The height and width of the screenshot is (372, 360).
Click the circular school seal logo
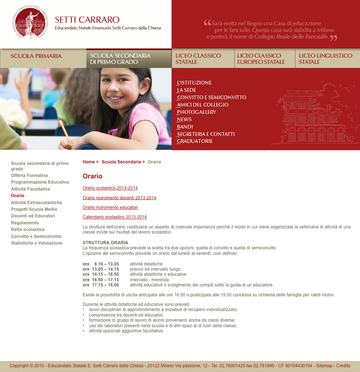tap(30, 22)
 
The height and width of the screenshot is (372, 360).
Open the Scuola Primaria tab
tap(36, 56)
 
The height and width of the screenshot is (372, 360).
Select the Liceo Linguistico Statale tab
tap(325, 59)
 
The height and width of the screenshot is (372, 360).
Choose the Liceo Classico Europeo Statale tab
tap(261, 59)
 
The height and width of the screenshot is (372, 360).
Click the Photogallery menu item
tap(197, 112)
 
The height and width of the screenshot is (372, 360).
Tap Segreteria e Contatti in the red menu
tap(206, 134)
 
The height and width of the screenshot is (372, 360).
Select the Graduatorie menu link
tap(195, 141)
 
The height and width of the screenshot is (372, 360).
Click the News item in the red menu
tap(184, 119)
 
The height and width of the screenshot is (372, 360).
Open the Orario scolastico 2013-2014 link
tap(110, 188)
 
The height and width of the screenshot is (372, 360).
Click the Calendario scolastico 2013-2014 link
tap(115, 217)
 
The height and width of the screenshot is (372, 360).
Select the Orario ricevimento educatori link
tap(110, 207)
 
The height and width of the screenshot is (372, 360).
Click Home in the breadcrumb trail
tap(89, 162)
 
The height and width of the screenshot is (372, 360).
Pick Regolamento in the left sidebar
tap(25, 223)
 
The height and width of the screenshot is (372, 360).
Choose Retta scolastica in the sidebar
tap(28, 230)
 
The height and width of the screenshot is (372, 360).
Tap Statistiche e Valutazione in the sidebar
tap(37, 243)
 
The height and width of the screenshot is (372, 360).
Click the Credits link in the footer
tap(343, 366)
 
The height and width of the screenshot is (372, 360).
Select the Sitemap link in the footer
tap(324, 366)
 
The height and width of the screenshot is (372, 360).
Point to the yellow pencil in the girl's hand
tap(65, 133)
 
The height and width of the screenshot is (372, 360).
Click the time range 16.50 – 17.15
tap(105, 280)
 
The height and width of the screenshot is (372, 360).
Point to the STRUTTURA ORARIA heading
tap(105, 243)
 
